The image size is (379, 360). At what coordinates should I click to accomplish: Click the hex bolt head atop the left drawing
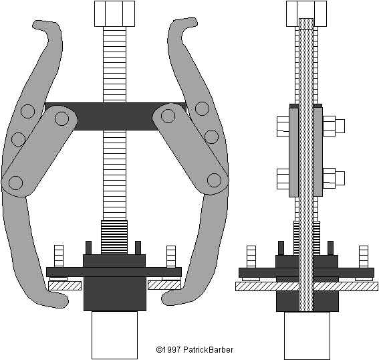pos(114,13)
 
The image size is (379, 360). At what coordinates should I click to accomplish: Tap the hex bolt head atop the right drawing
pos(307,13)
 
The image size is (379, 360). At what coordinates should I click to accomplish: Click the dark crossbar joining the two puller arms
pos(115,116)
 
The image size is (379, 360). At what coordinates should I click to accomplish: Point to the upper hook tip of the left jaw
pos(35,25)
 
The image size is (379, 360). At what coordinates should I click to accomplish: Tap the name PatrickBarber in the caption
pos(208,349)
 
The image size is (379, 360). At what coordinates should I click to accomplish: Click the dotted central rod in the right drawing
pos(306,165)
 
